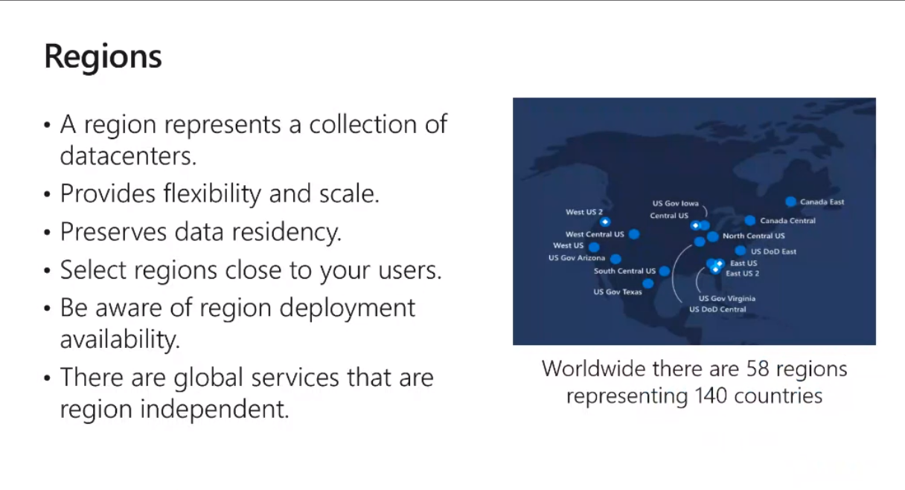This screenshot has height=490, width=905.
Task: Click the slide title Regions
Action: [103, 57]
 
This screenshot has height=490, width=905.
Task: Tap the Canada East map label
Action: [822, 202]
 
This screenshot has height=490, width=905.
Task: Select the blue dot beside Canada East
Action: [790, 202]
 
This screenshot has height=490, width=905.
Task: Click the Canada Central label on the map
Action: [787, 220]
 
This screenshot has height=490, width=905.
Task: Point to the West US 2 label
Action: [583, 212]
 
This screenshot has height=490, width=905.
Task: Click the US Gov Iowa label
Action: [675, 203]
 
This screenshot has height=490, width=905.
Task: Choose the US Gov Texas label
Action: [617, 291]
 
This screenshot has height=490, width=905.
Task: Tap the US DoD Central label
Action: [717, 309]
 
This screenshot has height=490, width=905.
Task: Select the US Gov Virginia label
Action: [727, 298]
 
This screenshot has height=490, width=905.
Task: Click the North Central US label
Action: [753, 236]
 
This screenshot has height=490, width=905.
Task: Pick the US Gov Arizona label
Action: [577, 258]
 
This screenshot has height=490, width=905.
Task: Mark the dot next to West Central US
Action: [634, 234]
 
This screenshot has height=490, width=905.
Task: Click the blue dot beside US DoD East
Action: [741, 251]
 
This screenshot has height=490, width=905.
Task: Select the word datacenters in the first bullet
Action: [128, 156]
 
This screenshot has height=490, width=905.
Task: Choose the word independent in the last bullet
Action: [214, 409]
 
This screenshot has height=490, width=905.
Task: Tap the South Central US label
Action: [624, 271]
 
